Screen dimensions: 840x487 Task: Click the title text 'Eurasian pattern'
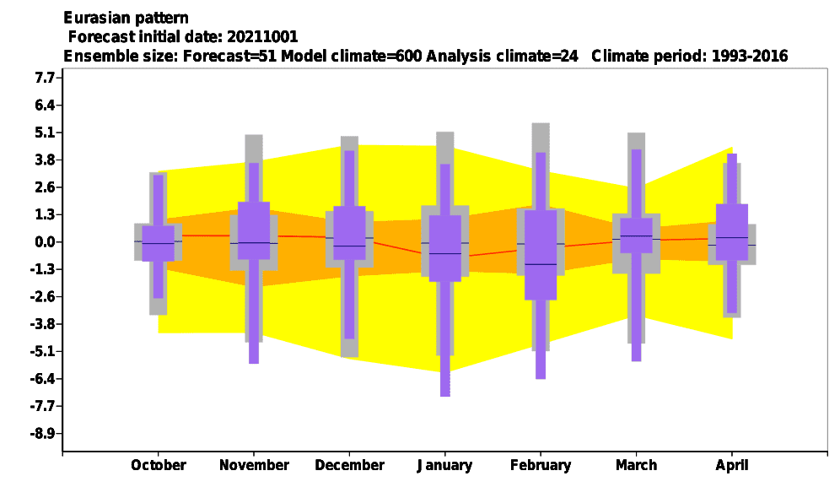126,19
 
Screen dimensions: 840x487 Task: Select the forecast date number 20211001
262,37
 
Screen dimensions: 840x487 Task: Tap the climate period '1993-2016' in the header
750,56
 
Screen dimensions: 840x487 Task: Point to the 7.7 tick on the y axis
45,78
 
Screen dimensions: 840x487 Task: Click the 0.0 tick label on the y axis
45,242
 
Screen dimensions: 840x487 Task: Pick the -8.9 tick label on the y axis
43,433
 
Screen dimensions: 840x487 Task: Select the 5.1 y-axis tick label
45,133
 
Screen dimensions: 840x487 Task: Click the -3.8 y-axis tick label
43,324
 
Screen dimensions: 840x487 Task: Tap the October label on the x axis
159,465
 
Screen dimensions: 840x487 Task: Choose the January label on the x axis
444,465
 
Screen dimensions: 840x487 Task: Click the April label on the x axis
732,465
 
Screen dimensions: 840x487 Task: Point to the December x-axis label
349,465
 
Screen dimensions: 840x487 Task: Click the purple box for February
541,255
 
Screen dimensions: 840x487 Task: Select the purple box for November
254,230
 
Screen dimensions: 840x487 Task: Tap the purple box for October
158,243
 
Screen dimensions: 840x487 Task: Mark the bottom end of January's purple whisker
445,397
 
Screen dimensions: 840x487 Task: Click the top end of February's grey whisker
541,123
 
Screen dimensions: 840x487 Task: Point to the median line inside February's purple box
541,264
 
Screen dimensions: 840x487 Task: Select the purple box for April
732,232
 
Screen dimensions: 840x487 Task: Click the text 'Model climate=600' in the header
352,56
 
